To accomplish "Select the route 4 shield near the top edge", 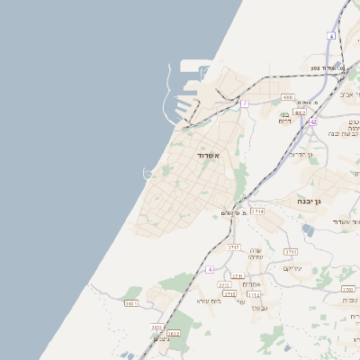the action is click(331, 36).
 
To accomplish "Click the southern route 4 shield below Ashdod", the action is click(210, 269).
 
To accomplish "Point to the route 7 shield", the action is click(244, 103).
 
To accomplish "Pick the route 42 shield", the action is click(313, 120).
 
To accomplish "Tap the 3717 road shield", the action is click(234, 246).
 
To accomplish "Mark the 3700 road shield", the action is click(347, 290).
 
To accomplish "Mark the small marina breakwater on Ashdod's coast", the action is click(148, 173).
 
